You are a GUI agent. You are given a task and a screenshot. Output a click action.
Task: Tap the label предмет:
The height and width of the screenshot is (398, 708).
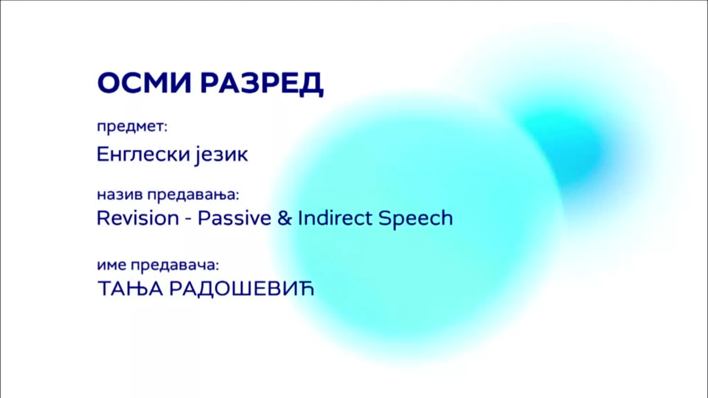(x=132, y=127)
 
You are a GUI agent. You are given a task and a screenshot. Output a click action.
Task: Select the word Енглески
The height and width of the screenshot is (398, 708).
(x=142, y=154)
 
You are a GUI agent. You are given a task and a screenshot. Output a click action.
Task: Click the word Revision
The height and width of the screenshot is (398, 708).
(x=138, y=218)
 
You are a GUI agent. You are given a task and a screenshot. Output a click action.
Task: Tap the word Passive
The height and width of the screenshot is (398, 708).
(x=235, y=218)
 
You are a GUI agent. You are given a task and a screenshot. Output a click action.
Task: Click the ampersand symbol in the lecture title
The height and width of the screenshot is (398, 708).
(x=284, y=218)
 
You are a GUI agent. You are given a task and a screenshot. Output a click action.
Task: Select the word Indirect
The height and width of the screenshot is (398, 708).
(x=334, y=218)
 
